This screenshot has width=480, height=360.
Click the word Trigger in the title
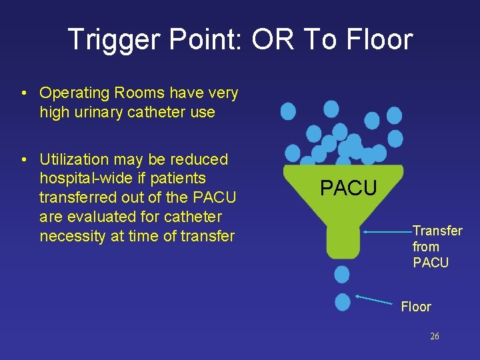coord(110,40)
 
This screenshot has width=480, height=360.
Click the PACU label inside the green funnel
coord(348,189)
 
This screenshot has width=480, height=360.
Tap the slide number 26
coord(435,337)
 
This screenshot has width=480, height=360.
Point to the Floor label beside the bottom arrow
coord(415,307)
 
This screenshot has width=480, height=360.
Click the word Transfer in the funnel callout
coord(437,231)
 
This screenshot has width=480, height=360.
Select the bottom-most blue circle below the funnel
coord(343,302)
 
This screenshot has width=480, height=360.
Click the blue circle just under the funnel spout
coord(342,273)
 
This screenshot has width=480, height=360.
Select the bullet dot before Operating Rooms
coord(23,93)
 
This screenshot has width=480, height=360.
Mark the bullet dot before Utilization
coord(23,160)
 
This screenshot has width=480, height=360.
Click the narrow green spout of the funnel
coord(342,241)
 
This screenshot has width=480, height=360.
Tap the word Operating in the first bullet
coord(73,93)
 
